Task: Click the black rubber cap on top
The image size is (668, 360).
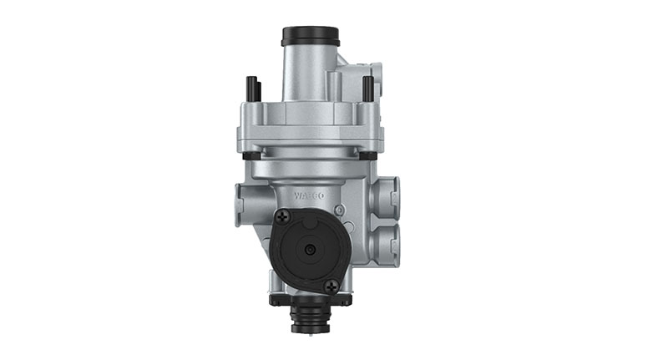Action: [310, 37]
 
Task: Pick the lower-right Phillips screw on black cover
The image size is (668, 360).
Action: [331, 285]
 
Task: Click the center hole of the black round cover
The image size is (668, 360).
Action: [309, 251]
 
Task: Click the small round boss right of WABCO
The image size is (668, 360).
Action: [337, 209]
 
